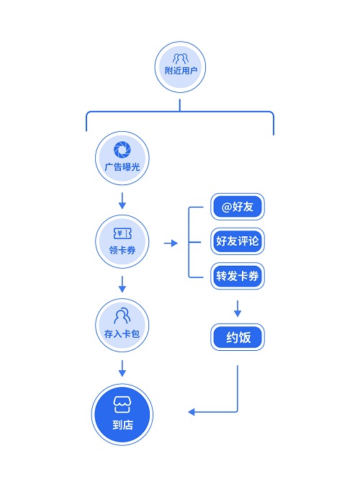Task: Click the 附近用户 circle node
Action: point(180,67)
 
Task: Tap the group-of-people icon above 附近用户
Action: point(180,58)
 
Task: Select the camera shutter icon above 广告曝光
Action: point(122,149)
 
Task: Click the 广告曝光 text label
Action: point(122,167)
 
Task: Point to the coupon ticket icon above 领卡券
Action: point(122,233)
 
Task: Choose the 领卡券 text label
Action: point(122,250)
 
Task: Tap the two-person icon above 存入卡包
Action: point(122,316)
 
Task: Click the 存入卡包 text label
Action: point(122,334)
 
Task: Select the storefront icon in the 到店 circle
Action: point(122,404)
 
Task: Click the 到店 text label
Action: point(122,425)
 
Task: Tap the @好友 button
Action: point(238,207)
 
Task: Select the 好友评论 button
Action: point(238,241)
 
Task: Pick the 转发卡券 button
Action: point(238,276)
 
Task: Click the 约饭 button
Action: point(238,337)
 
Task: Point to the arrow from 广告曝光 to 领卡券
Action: point(122,201)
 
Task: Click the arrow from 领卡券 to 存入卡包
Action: point(122,284)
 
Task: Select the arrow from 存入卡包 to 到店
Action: point(122,368)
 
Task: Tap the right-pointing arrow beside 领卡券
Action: point(171,243)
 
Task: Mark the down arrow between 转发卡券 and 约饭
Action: point(238,308)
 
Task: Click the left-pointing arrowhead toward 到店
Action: point(192,412)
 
